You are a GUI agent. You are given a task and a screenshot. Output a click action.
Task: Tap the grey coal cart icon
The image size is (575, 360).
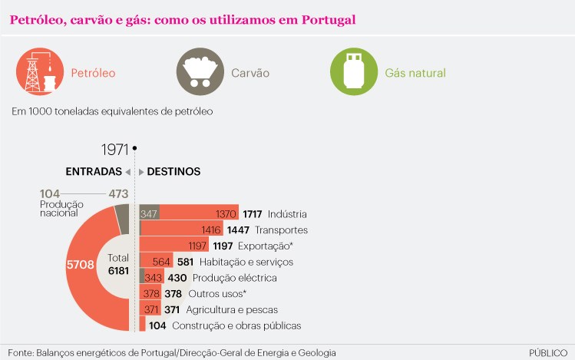click(x=200, y=72)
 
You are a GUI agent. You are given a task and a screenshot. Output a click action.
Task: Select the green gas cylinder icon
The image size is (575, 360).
click(x=353, y=72)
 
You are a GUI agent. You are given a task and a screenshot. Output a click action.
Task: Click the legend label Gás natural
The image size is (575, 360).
click(x=415, y=73)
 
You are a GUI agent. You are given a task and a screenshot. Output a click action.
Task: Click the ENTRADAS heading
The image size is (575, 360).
click(x=94, y=171)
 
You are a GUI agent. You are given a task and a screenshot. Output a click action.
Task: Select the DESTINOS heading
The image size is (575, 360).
click(x=173, y=171)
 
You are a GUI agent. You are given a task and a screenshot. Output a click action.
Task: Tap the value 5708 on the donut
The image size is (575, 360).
click(x=81, y=265)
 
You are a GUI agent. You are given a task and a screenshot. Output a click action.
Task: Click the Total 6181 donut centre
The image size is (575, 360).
click(x=118, y=264)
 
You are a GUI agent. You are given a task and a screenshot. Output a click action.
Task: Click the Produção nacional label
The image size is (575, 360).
click(x=62, y=208)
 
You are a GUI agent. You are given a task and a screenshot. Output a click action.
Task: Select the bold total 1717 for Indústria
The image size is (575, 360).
click(x=252, y=213)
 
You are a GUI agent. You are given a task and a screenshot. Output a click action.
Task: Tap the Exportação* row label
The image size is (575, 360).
click(x=265, y=246)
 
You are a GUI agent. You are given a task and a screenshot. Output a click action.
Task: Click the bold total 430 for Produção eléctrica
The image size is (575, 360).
click(x=177, y=278)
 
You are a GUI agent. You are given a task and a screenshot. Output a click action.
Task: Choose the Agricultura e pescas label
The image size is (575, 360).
click(x=232, y=309)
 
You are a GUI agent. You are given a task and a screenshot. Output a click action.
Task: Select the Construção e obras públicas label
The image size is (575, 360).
click(x=236, y=325)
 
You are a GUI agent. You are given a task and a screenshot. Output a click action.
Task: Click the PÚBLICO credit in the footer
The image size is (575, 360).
click(x=548, y=352)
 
